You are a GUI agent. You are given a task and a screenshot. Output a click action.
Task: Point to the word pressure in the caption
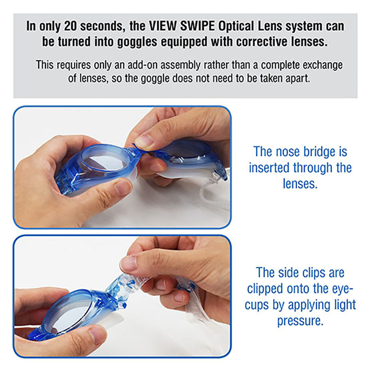pos(300,321)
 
